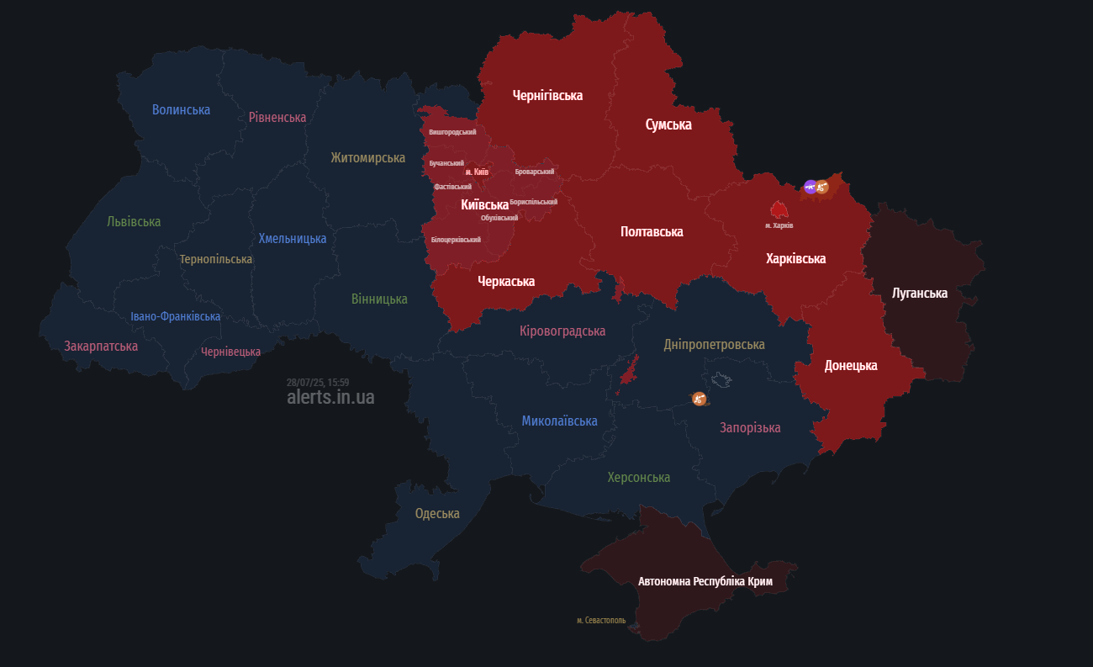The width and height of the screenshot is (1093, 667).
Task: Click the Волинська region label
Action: click(x=181, y=109)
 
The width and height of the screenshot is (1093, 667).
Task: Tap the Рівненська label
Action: click(x=277, y=117)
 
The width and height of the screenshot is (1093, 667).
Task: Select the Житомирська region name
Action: click(x=367, y=157)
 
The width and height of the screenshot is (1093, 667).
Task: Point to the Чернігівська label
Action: click(x=547, y=95)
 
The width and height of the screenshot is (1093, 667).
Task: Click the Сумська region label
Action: click(x=668, y=124)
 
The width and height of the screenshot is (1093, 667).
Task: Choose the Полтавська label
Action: click(x=652, y=231)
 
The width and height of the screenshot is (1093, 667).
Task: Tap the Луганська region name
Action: click(x=920, y=293)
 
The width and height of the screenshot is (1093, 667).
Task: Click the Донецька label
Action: click(x=851, y=365)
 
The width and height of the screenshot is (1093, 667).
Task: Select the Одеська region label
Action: click(x=437, y=513)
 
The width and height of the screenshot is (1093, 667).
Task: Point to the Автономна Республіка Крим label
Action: click(x=705, y=581)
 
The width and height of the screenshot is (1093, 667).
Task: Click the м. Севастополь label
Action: click(x=601, y=620)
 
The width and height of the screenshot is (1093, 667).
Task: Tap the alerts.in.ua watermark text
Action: click(x=330, y=397)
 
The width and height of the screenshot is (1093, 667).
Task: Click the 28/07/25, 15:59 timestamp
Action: click(x=318, y=382)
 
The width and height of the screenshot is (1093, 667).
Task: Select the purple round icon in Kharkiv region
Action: click(x=810, y=187)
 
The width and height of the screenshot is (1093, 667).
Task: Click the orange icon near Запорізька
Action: click(x=699, y=399)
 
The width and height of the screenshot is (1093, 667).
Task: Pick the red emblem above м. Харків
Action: click(x=779, y=209)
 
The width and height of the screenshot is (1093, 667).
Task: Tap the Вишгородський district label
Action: click(x=452, y=132)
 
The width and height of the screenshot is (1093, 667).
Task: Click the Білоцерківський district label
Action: click(x=456, y=240)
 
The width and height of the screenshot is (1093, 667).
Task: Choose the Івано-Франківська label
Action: click(x=176, y=316)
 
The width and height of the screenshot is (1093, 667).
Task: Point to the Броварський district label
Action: click(x=535, y=172)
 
